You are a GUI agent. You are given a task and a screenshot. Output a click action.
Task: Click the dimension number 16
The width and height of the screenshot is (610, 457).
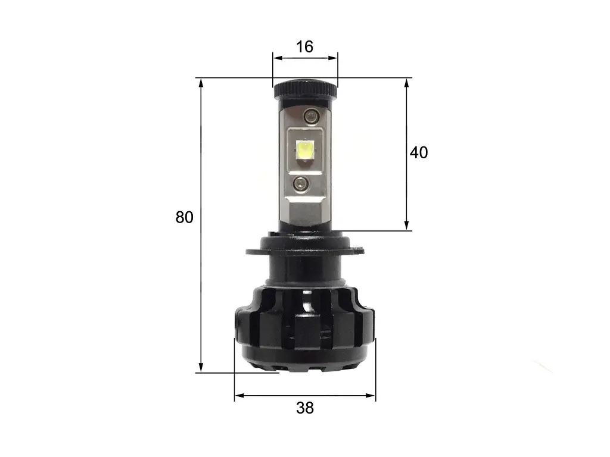coord(304,47)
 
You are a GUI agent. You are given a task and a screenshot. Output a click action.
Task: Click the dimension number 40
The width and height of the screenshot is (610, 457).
coord(419,152)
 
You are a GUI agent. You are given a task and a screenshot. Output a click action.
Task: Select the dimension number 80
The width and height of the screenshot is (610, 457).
coord(185,217)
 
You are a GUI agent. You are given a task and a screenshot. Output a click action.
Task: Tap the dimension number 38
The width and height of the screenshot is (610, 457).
coord(304,408)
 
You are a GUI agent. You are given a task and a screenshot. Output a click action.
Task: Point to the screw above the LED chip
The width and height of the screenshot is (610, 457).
coord(311,115)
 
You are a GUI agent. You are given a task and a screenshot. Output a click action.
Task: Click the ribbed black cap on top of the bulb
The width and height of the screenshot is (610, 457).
coord(306,89)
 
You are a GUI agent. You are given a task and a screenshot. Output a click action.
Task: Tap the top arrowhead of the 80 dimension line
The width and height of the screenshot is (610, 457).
coord(201,83)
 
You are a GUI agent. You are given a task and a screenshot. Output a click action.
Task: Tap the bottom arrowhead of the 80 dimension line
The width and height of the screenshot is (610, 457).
coord(201,368)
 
